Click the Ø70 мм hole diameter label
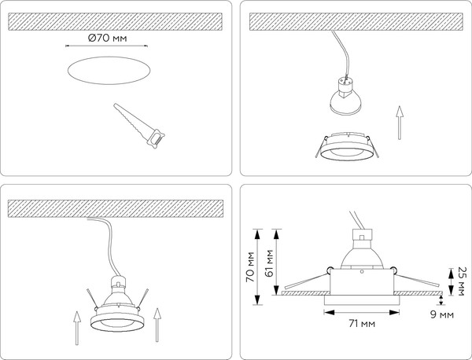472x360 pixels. coord(108,39)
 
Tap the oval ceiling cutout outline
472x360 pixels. coord(109,57)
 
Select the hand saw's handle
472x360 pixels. coord(156,139)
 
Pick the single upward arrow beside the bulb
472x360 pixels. coord(400,123)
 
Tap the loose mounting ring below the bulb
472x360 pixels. coord(347,146)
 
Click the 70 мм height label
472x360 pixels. coord(250,266)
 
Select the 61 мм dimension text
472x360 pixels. coord(269,263)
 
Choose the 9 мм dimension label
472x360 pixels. coord(442,314)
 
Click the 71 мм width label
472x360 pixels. coord(362,324)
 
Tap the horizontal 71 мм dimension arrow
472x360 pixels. coord(362,313)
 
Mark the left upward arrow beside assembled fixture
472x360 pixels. coord(77,328)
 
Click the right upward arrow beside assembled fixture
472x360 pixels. coord(157,325)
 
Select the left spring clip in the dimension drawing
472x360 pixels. coord(307,277)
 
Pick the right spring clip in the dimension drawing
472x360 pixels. coord(415,276)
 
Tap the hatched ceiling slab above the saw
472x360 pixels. coord(116,22)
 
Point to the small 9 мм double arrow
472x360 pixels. coord(441,299)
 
